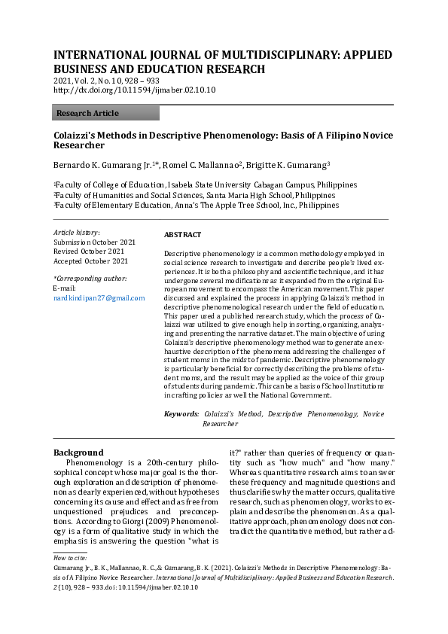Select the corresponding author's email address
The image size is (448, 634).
click(x=99, y=298)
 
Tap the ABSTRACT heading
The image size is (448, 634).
click(x=182, y=235)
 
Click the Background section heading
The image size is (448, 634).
click(x=78, y=453)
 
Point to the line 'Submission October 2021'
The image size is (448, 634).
click(x=94, y=242)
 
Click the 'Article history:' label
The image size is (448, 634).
click(x=76, y=232)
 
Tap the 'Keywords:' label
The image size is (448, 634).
click(x=181, y=414)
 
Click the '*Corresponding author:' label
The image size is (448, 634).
click(x=90, y=279)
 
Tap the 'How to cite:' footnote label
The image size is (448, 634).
click(x=69, y=558)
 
